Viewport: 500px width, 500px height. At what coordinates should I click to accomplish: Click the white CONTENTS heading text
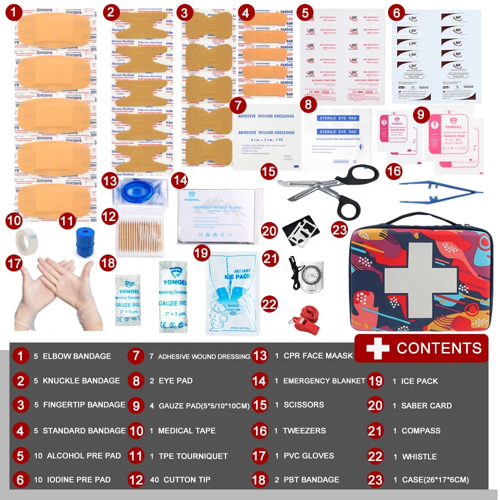pyautogui.click(x=439, y=348)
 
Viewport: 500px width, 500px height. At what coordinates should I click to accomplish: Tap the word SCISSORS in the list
pyautogui.click(x=303, y=404)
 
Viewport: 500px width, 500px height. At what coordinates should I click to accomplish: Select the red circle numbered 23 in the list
pyautogui.click(x=375, y=479)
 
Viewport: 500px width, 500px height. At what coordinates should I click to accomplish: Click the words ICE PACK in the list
pyautogui.click(x=419, y=381)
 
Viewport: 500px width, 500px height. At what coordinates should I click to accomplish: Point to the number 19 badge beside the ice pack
pyautogui.click(x=201, y=253)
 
